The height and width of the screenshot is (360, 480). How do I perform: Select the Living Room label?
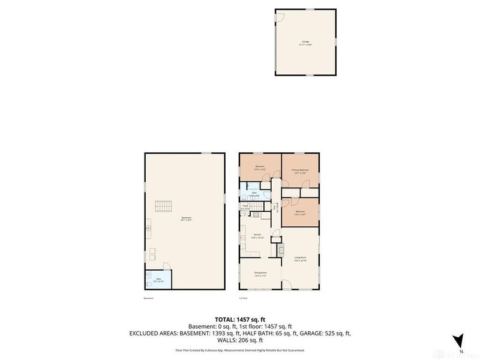pos(301,259)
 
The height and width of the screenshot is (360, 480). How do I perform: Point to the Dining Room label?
pos(260,274)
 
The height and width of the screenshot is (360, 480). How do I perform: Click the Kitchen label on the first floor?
pos(257,235)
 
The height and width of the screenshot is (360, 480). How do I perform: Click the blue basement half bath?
pos(158,279)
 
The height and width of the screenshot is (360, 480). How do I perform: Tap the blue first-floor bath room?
pos(254,194)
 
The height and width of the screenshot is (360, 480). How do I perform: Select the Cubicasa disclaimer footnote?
pos(240,350)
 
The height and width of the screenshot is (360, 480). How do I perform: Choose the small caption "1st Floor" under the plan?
pos(244,298)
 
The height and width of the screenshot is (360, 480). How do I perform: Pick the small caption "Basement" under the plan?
pos(149,298)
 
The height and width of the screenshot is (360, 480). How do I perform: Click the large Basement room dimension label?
pos(186,220)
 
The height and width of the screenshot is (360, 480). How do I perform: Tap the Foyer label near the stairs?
pos(245,207)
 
